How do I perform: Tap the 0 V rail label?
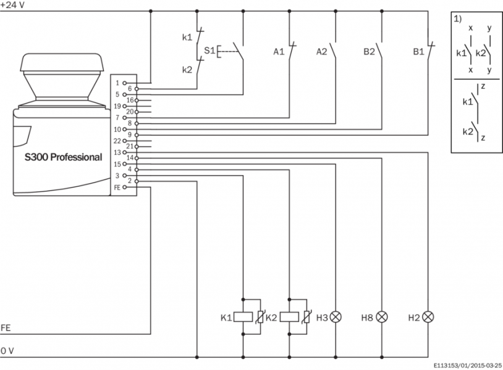7,350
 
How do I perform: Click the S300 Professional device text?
63,157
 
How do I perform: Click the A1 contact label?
279,51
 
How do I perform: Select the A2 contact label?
323,51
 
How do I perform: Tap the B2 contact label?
369,51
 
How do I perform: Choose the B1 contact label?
418,51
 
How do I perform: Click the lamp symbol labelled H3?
336,317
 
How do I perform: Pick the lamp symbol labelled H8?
383,317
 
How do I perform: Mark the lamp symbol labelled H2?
428,317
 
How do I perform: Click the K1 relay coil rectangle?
243,317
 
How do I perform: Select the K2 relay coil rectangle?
290,317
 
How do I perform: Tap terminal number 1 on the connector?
118,82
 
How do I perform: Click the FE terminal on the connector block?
117,186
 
